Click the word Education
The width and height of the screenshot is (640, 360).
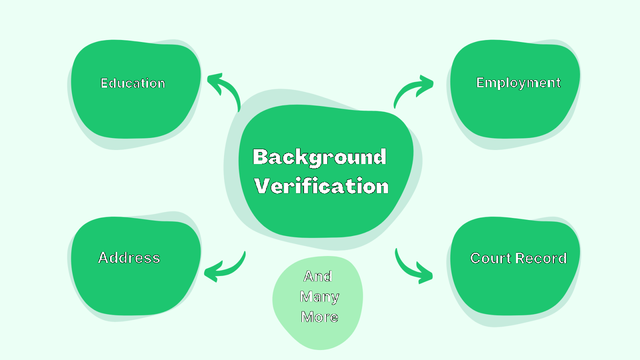pyautogui.click(x=132, y=83)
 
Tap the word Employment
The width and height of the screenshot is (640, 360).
pyautogui.click(x=518, y=83)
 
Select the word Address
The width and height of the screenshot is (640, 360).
pyautogui.click(x=129, y=258)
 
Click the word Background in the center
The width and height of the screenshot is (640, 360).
pyautogui.click(x=319, y=157)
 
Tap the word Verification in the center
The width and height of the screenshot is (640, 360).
pyautogui.click(x=321, y=186)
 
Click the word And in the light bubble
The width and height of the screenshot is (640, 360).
pyautogui.click(x=318, y=276)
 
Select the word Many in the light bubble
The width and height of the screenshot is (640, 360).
pyautogui.click(x=319, y=297)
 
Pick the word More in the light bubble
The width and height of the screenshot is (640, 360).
pyautogui.click(x=319, y=317)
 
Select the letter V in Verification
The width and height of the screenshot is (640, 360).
pyautogui.click(x=264, y=186)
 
